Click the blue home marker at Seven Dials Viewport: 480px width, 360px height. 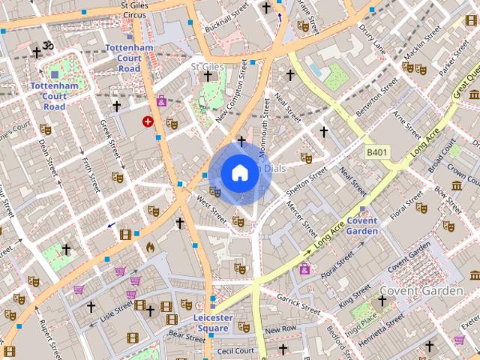(x=238, y=173)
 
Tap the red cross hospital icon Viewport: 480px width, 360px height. (x=148, y=121)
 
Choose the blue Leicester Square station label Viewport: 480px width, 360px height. (x=212, y=322)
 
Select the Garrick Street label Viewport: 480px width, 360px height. (x=298, y=304)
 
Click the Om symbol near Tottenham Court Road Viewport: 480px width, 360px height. (x=48, y=46)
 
